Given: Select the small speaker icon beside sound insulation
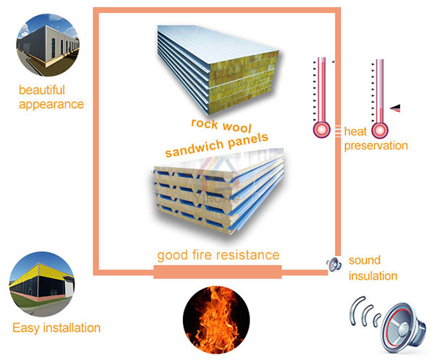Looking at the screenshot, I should click(x=333, y=265).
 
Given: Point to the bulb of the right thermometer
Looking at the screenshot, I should click(x=379, y=129).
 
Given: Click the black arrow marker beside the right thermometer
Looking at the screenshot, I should click(x=395, y=108).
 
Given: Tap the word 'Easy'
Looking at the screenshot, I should click(x=27, y=327).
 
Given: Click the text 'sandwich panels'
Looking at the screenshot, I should click(x=216, y=145).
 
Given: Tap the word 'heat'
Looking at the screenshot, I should click(x=356, y=132).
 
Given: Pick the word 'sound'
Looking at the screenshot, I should click(x=365, y=260).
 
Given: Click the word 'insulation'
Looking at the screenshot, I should click(x=373, y=275).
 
